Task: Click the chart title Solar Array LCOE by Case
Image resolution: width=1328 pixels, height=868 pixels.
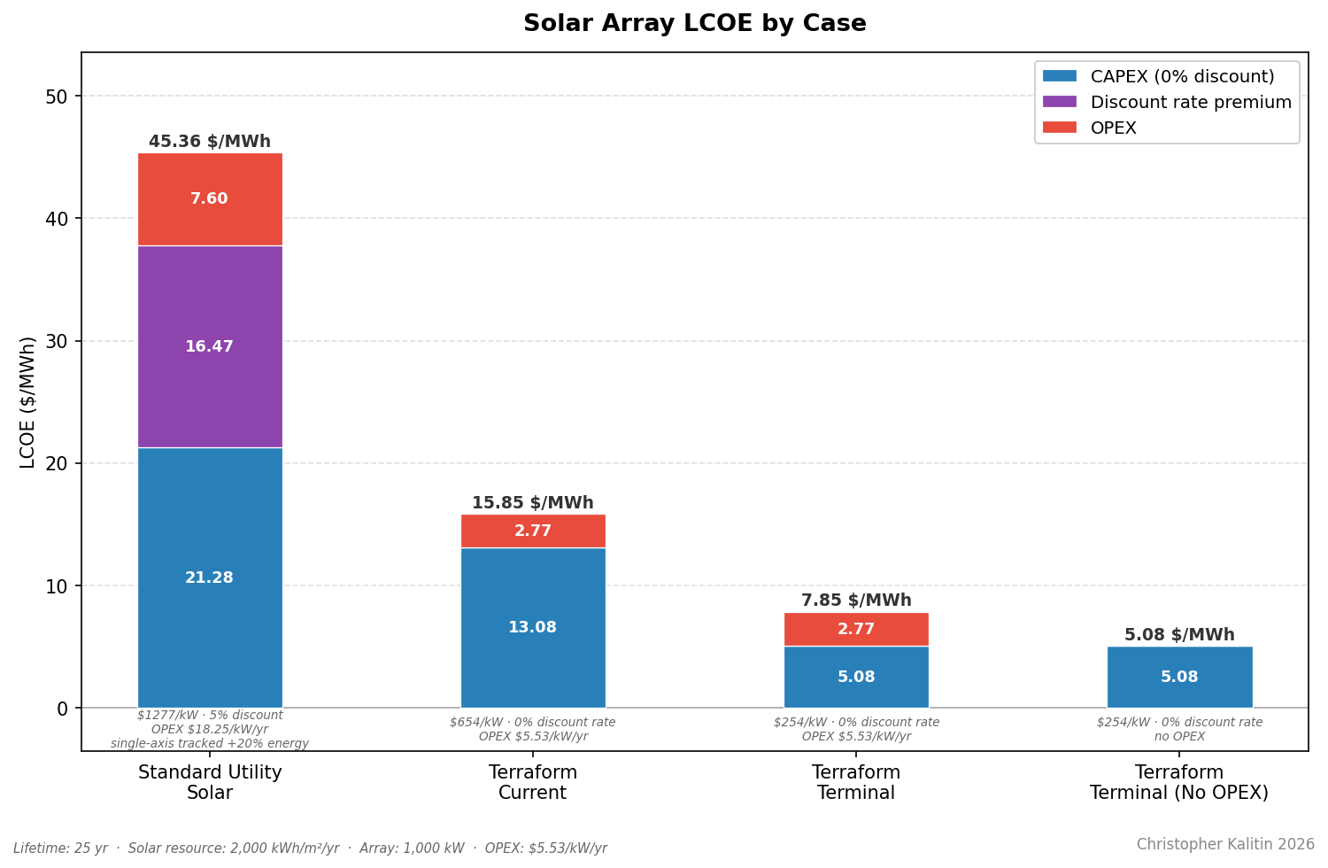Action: (x=694, y=24)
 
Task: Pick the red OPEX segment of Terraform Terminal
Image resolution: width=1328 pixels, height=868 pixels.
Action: (x=856, y=629)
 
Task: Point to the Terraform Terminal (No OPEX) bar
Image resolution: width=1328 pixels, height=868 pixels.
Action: (x=1179, y=677)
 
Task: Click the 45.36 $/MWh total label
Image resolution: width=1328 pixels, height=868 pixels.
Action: (x=210, y=142)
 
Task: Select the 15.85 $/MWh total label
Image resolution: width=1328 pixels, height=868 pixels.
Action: (x=533, y=503)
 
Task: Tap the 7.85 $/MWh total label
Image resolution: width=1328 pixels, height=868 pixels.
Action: (x=856, y=601)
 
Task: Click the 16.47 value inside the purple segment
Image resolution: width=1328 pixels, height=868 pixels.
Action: (x=210, y=347)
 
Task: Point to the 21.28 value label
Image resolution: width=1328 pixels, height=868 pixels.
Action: (x=210, y=577)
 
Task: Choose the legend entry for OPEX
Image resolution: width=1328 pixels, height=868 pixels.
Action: (x=1113, y=128)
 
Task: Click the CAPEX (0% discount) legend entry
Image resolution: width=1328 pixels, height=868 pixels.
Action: (x=1182, y=77)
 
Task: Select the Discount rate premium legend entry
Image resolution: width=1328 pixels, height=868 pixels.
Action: (x=1190, y=103)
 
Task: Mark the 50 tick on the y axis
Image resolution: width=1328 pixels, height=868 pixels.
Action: (x=57, y=97)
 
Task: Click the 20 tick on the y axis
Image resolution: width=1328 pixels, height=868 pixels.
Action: (x=57, y=463)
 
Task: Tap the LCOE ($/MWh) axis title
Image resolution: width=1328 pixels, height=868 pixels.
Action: (x=28, y=402)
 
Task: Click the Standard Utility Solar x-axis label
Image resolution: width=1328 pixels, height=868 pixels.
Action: (x=210, y=782)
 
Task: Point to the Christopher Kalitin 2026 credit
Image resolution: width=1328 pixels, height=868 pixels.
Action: (x=1225, y=844)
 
